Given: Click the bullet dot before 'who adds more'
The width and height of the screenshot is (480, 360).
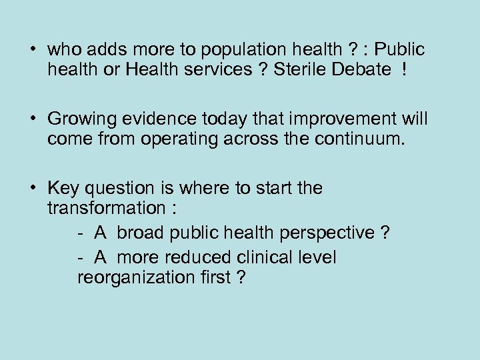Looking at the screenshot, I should [32, 50].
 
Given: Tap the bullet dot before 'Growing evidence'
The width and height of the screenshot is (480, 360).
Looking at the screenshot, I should [32, 119].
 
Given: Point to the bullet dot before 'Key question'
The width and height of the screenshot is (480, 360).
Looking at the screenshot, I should [32, 189].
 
